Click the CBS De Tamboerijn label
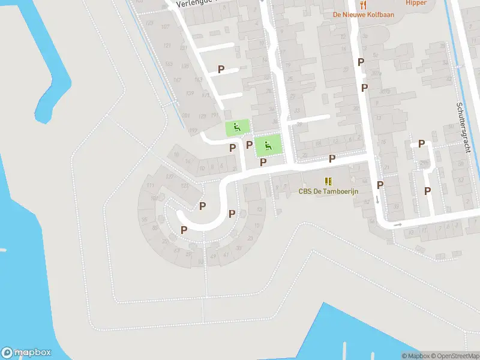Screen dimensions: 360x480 click(x=328, y=192)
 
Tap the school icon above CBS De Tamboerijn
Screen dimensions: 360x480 click(x=328, y=181)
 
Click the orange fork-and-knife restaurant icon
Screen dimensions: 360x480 click(x=363, y=4)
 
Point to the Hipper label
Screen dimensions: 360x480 click(x=416, y=3)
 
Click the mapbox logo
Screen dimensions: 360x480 click(x=26, y=353)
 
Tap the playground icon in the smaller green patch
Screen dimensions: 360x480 click(x=236, y=127)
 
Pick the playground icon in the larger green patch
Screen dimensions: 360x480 click(x=267, y=144)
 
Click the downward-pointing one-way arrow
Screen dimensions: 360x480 click(x=377, y=200)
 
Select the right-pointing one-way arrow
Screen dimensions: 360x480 click(x=398, y=225)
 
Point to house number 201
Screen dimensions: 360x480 click(x=186, y=116)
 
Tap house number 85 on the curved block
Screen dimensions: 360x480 click(x=145, y=220)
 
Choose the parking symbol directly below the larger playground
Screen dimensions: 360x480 click(x=263, y=162)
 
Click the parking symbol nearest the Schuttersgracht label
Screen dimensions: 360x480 click(x=421, y=143)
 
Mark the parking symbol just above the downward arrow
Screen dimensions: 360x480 click(x=380, y=185)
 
